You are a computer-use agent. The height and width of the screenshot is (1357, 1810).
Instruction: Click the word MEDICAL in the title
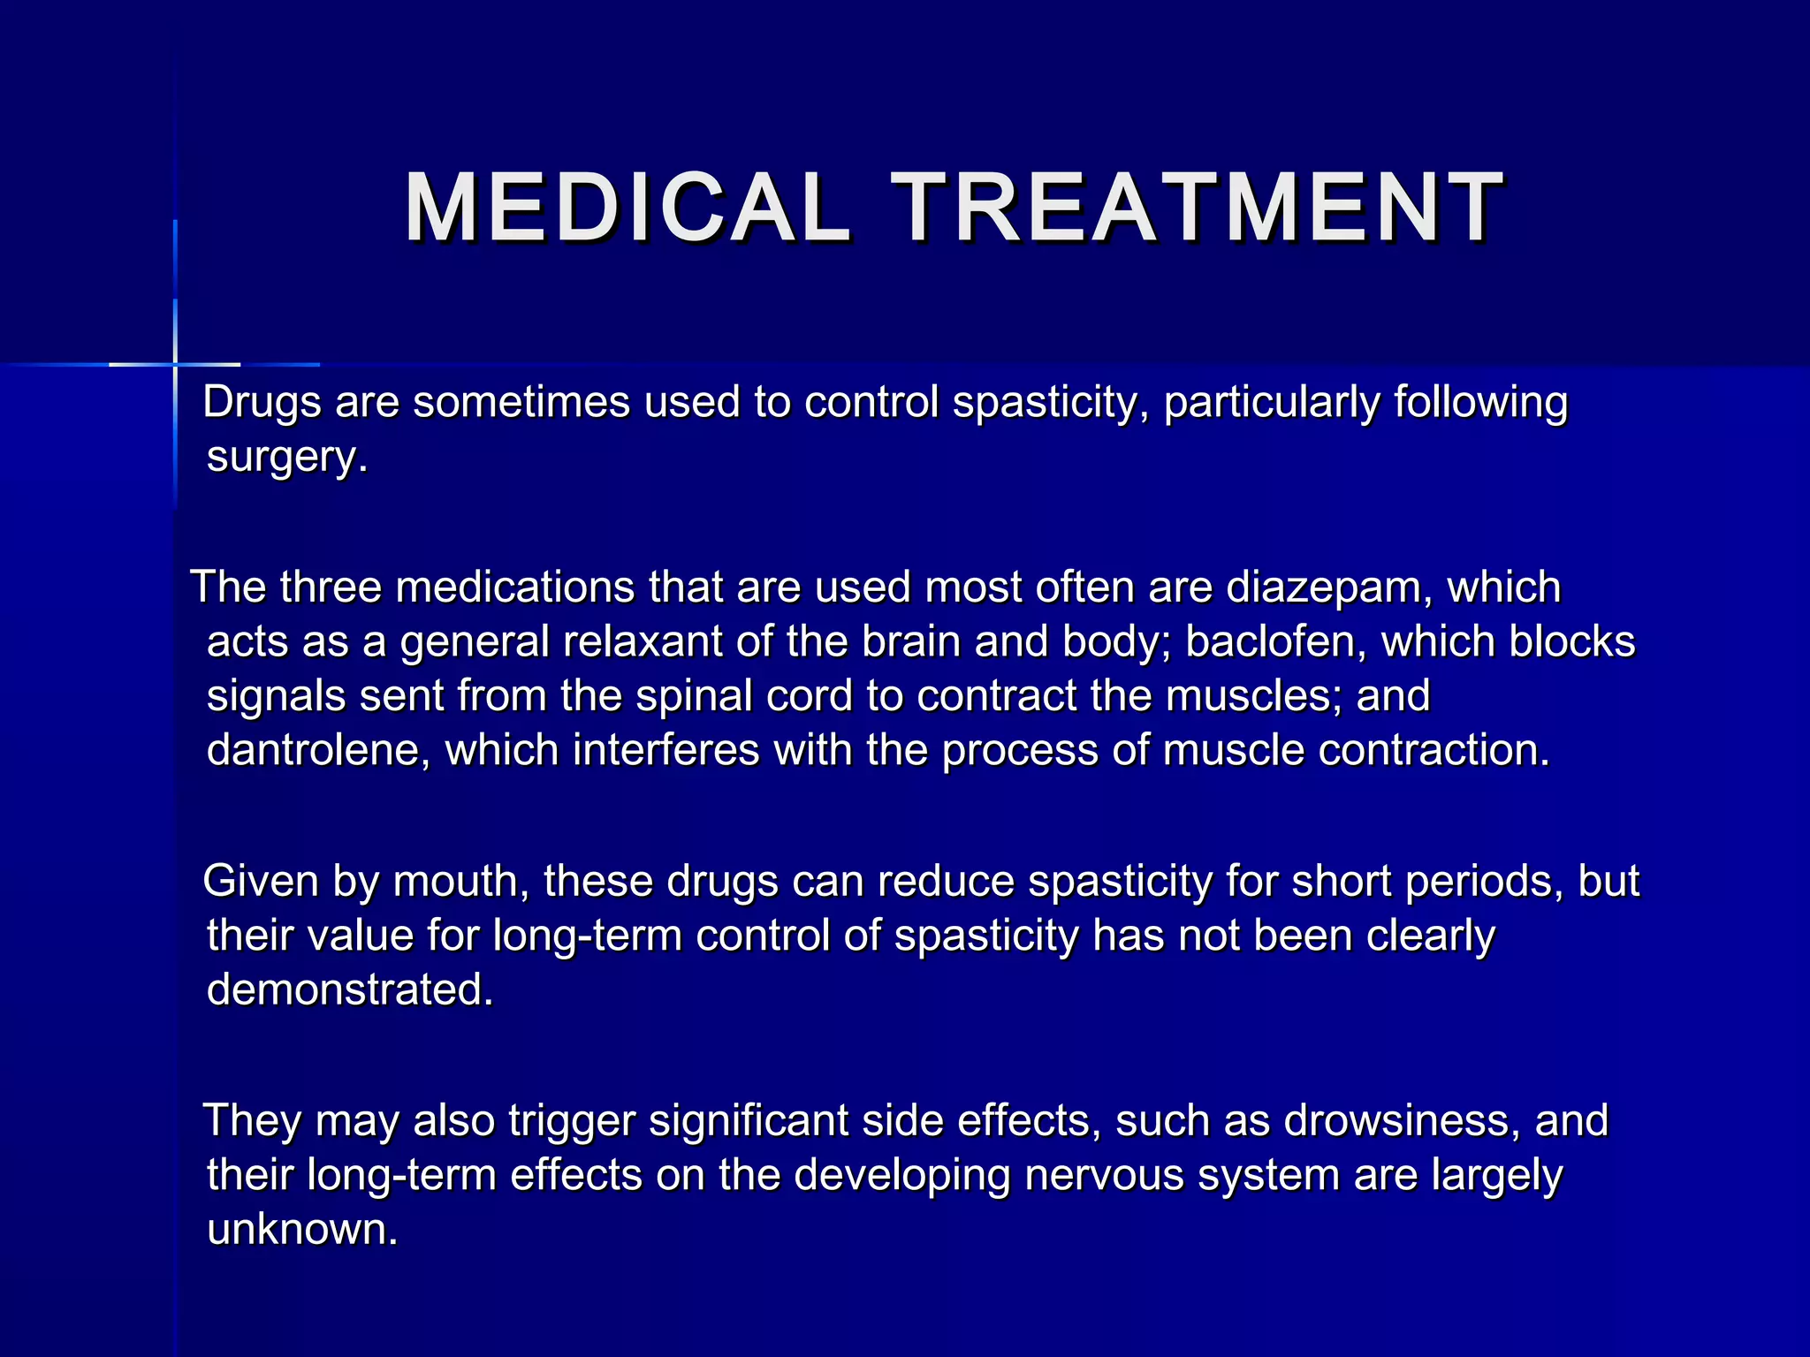[627, 208]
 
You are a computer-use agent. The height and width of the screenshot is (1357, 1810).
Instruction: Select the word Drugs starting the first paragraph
[262, 403]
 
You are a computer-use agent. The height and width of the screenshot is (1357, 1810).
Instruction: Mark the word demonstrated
[348, 990]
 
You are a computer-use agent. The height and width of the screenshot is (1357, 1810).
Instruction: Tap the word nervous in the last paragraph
[1104, 1176]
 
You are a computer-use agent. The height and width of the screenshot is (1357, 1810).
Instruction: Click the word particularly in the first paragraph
[1272, 403]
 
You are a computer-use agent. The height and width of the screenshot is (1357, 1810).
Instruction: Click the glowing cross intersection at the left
[175, 364]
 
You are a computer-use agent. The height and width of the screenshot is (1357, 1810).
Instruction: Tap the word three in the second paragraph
[330, 588]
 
